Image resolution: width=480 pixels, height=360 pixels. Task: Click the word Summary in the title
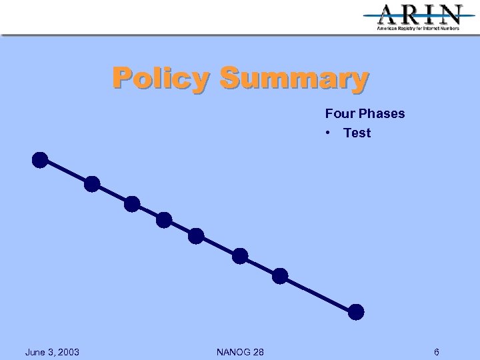click(x=294, y=78)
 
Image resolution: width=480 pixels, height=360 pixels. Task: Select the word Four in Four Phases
click(x=340, y=113)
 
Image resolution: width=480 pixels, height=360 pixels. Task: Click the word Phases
click(x=381, y=113)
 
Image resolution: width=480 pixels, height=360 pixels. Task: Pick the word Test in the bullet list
click(x=357, y=133)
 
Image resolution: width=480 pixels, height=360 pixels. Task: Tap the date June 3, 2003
click(x=52, y=351)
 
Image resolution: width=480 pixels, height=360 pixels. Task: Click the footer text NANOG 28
click(x=240, y=351)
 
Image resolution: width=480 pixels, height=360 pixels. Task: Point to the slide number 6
click(x=436, y=351)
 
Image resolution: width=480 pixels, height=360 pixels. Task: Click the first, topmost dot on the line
click(x=40, y=160)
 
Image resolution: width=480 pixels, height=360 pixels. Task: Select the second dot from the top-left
click(x=92, y=183)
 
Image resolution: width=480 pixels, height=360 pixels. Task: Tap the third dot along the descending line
click(x=132, y=203)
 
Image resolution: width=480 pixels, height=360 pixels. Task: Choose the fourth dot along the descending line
click(x=164, y=219)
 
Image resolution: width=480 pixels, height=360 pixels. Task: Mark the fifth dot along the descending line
click(x=196, y=235)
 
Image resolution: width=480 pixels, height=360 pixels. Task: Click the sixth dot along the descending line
click(x=240, y=256)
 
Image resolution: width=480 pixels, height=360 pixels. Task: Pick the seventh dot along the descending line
click(x=280, y=275)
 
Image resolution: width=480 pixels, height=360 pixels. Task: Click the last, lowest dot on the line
click(x=357, y=311)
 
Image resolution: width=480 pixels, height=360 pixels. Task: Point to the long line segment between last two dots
click(x=319, y=293)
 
